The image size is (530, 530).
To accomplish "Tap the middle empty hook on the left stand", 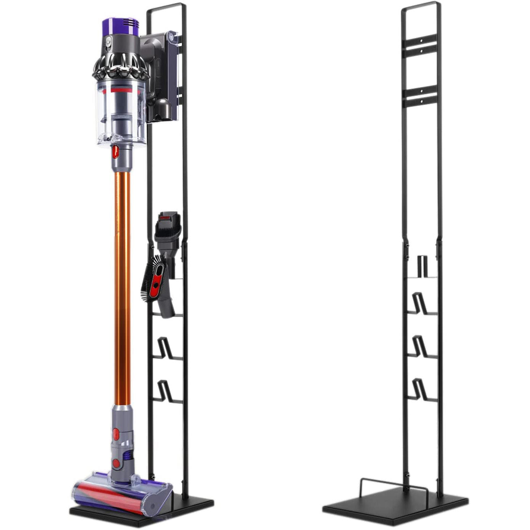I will tap(166, 348).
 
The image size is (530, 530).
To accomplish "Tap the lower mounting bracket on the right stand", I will tap(421, 95).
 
